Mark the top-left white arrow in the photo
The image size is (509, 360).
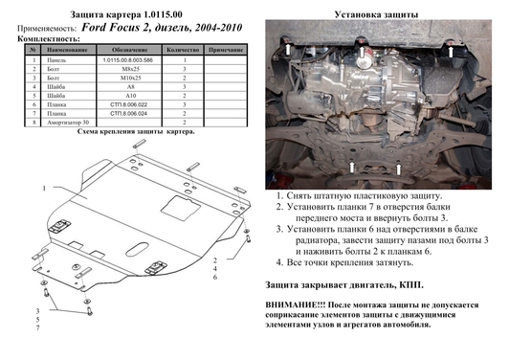click(287, 48)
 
